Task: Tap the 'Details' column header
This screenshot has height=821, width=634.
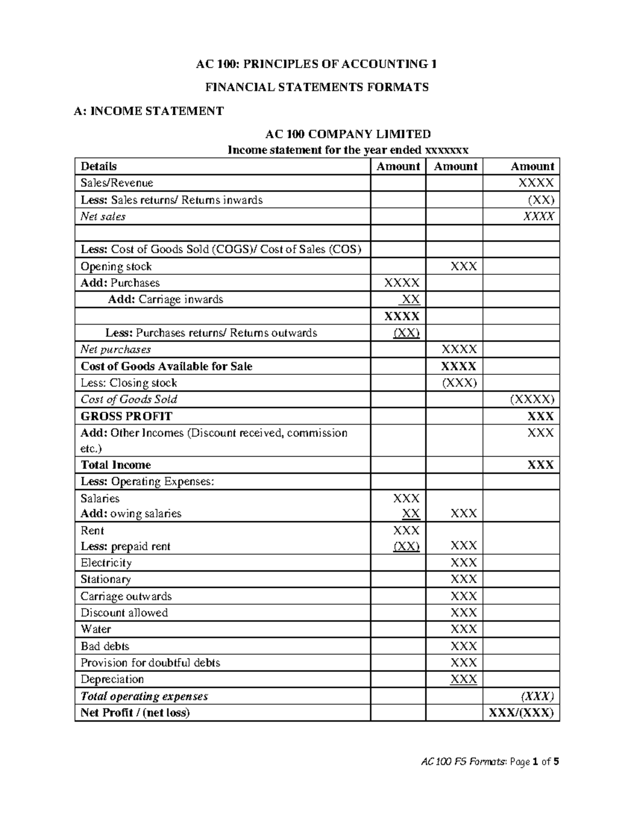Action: (x=98, y=167)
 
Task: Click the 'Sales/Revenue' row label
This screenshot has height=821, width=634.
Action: (x=117, y=183)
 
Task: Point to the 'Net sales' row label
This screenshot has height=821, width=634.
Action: (x=103, y=216)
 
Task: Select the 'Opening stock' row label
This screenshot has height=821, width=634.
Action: (x=116, y=266)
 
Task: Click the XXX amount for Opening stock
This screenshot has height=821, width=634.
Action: (x=463, y=266)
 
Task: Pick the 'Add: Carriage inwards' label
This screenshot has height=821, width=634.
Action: (x=165, y=300)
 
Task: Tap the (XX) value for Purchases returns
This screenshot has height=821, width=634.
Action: (x=406, y=333)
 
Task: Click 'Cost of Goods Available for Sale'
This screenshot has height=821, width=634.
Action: (x=166, y=366)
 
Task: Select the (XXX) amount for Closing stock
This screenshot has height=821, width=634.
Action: (x=459, y=383)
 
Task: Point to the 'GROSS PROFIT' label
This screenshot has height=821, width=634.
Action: (x=126, y=416)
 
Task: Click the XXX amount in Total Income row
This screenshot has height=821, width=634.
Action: (x=540, y=465)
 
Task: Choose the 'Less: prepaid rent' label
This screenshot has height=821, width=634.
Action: (x=125, y=546)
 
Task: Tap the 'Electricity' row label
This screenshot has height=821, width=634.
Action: (x=106, y=562)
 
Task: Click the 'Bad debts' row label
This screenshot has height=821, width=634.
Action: (x=105, y=646)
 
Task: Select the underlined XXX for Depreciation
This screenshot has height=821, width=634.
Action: (x=463, y=679)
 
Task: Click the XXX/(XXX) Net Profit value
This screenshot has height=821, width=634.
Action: (x=521, y=713)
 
